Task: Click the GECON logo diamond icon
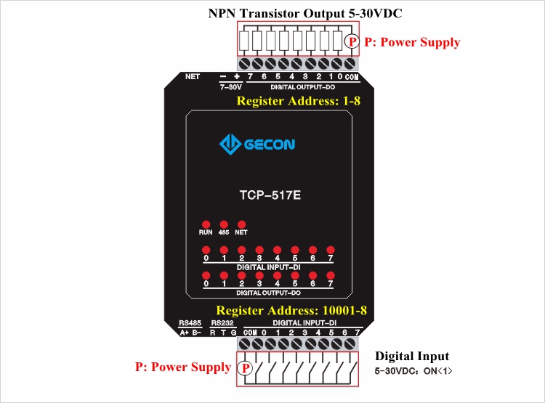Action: [230, 144]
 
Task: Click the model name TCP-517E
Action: [270, 195]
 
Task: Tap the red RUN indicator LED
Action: [206, 224]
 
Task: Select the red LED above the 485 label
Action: [224, 224]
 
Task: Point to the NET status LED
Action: [241, 224]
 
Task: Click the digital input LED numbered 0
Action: [206, 250]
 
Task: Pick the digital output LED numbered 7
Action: [331, 275]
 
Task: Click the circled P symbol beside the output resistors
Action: [352, 41]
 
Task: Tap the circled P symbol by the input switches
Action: [246, 368]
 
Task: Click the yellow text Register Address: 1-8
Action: [298, 101]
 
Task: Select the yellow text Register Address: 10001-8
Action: [291, 310]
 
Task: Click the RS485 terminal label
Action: [190, 322]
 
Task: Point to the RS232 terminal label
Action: [222, 322]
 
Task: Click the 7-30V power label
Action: [230, 87]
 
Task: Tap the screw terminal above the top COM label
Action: [350, 64]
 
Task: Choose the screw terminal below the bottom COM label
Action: [245, 344]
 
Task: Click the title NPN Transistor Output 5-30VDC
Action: [305, 13]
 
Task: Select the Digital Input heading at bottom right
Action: [412, 356]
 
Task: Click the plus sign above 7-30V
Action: [237, 76]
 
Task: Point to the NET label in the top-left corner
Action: [193, 76]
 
